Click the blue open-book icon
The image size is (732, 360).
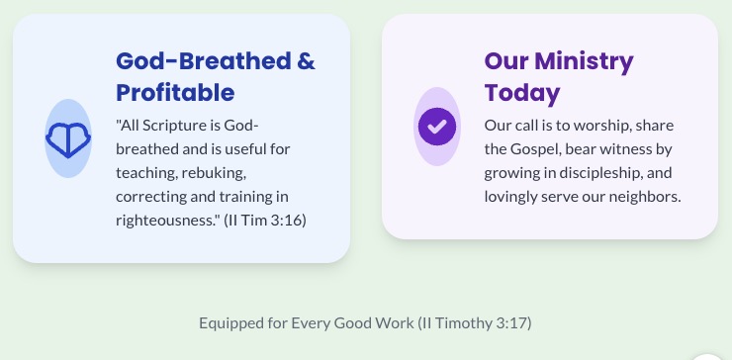[68, 138]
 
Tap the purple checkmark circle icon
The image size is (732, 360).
[437, 127]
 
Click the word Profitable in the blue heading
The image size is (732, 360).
[175, 93]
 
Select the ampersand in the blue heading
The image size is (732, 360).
[306, 61]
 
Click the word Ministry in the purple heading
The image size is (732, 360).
[584, 62]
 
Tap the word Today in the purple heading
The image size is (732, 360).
[522, 94]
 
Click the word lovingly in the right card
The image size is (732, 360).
[510, 197]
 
